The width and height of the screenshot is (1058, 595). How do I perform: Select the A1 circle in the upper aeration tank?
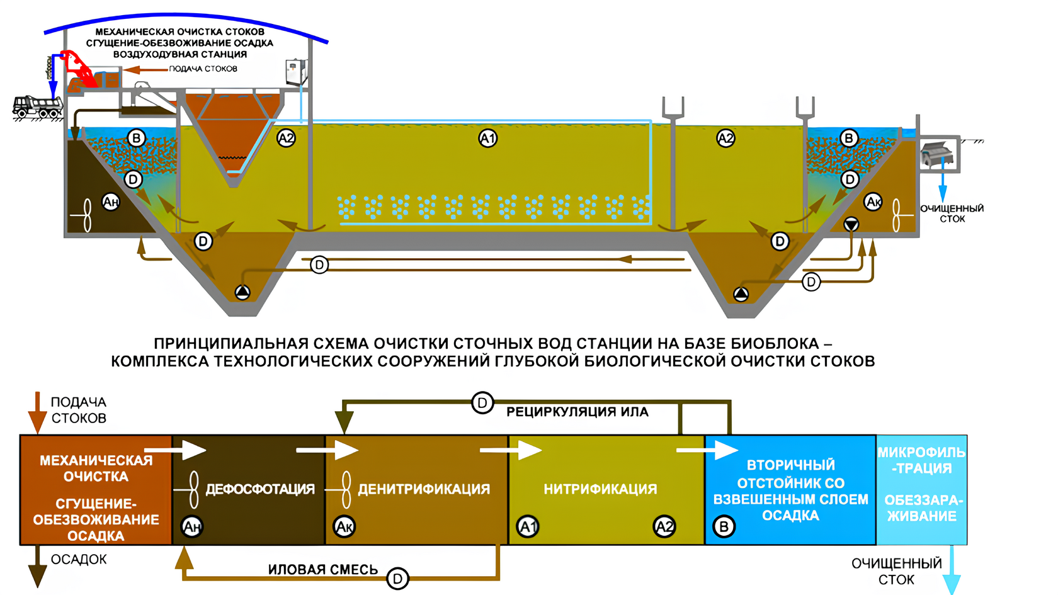[487, 139]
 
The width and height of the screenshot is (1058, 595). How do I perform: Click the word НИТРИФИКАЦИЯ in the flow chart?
[600, 489]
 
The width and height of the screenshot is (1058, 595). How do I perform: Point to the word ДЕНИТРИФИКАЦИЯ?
[424, 489]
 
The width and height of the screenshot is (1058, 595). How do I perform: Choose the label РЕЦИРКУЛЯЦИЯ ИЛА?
[577, 412]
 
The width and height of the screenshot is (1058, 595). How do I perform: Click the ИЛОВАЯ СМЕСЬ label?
[322, 570]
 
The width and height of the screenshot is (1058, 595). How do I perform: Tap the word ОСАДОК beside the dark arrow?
[79, 559]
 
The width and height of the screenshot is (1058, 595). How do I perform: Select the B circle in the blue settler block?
[724, 526]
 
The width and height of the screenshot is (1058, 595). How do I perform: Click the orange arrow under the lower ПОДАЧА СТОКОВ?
[37, 412]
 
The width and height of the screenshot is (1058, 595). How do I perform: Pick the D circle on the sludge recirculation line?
[482, 403]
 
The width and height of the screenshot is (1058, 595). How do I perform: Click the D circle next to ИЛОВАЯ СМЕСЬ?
[397, 578]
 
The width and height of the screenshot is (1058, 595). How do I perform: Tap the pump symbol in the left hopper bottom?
[242, 292]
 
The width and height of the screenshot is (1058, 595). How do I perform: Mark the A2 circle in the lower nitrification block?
[664, 526]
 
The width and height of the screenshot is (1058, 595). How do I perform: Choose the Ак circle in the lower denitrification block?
[344, 526]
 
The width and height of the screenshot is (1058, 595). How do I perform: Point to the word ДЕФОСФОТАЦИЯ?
[260, 489]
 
